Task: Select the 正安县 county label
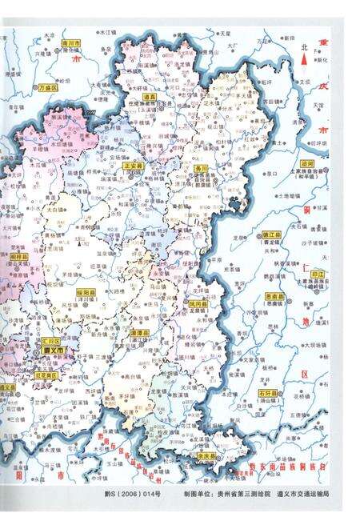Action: coord(134,166)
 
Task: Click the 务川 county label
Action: coord(202,170)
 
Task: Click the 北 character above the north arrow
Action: coord(304,47)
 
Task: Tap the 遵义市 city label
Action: coord(57,351)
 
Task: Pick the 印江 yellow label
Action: coord(317,273)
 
